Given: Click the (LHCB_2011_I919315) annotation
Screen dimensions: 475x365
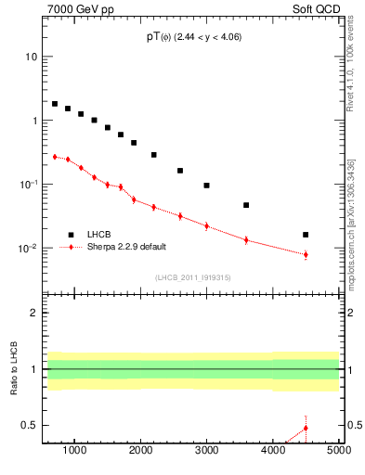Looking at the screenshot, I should click(x=192, y=277).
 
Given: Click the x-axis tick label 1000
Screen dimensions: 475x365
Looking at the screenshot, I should click(x=74, y=451).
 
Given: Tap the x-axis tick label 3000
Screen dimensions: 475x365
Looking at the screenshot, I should click(x=206, y=451).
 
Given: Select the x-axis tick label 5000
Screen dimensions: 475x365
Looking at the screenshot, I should click(x=338, y=451).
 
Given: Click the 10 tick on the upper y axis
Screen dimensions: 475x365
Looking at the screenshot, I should click(x=31, y=57).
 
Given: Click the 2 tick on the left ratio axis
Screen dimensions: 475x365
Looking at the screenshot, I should click(x=33, y=313).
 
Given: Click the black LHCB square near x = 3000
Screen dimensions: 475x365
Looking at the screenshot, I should click(x=206, y=186).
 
